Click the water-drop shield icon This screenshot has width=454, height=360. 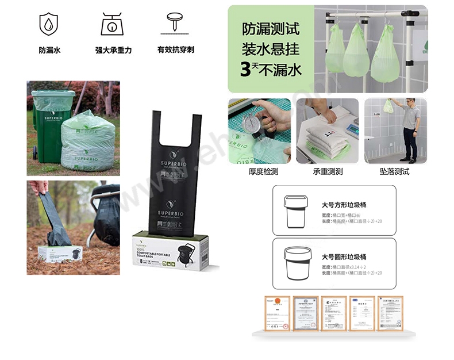click(49, 24)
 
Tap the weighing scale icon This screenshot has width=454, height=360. click(113, 24)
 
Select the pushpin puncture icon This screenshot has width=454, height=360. click(175, 23)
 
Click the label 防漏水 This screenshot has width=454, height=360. click(49, 51)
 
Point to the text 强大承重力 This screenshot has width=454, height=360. click(113, 51)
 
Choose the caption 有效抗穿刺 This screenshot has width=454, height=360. click(175, 50)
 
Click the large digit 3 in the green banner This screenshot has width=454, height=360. click(247, 70)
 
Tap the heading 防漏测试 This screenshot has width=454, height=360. click(271, 29)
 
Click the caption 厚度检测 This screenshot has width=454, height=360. click(264, 171)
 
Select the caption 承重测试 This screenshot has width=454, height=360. click(328, 171)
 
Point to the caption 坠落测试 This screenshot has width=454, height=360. click(395, 171)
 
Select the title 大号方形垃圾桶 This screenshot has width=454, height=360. click(344, 204)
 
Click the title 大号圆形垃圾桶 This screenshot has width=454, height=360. click(344, 256)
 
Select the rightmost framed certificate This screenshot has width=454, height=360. click(390, 313)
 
